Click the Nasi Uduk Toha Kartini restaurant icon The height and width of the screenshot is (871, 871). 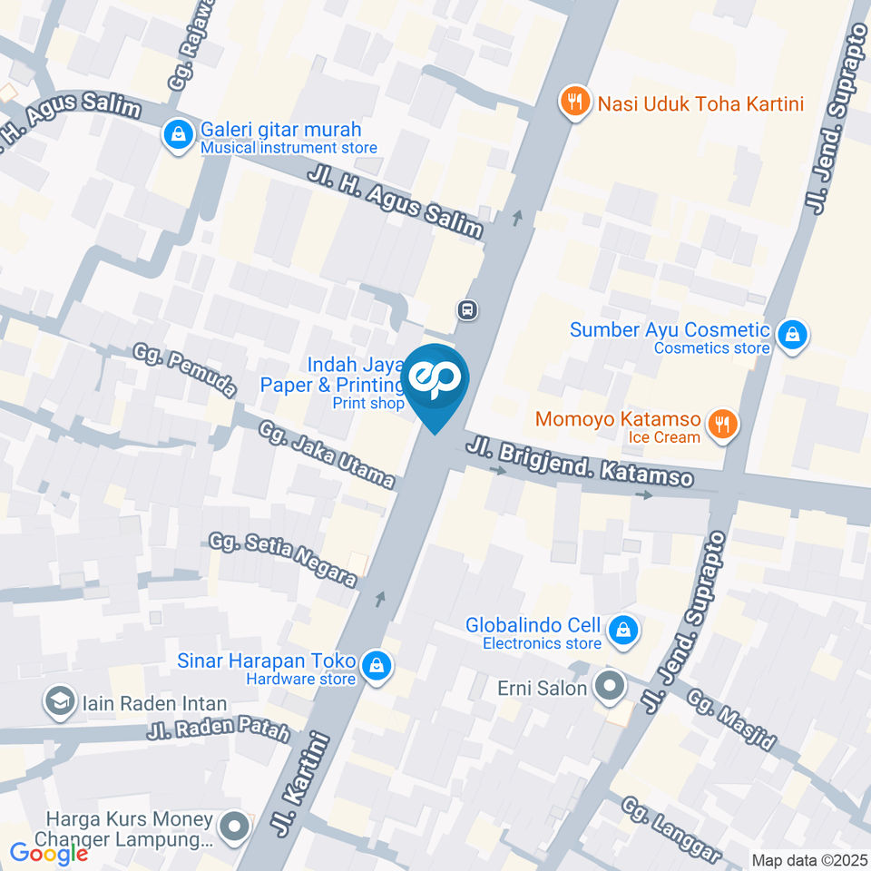pos(573,102)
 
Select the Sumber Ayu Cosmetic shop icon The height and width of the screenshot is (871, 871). pos(793,334)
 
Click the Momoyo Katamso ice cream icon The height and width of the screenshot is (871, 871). pos(722,423)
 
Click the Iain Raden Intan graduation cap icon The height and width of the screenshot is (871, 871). pos(60,701)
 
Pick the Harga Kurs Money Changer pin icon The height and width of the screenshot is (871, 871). pos(235,826)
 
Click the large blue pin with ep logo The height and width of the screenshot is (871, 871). pos(435,381)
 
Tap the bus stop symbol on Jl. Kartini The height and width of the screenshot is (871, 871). pos(467,310)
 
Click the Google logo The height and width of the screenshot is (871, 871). pos(49,853)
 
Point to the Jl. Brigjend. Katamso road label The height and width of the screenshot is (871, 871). pos(581,463)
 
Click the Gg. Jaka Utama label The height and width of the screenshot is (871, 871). pos(328,455)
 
